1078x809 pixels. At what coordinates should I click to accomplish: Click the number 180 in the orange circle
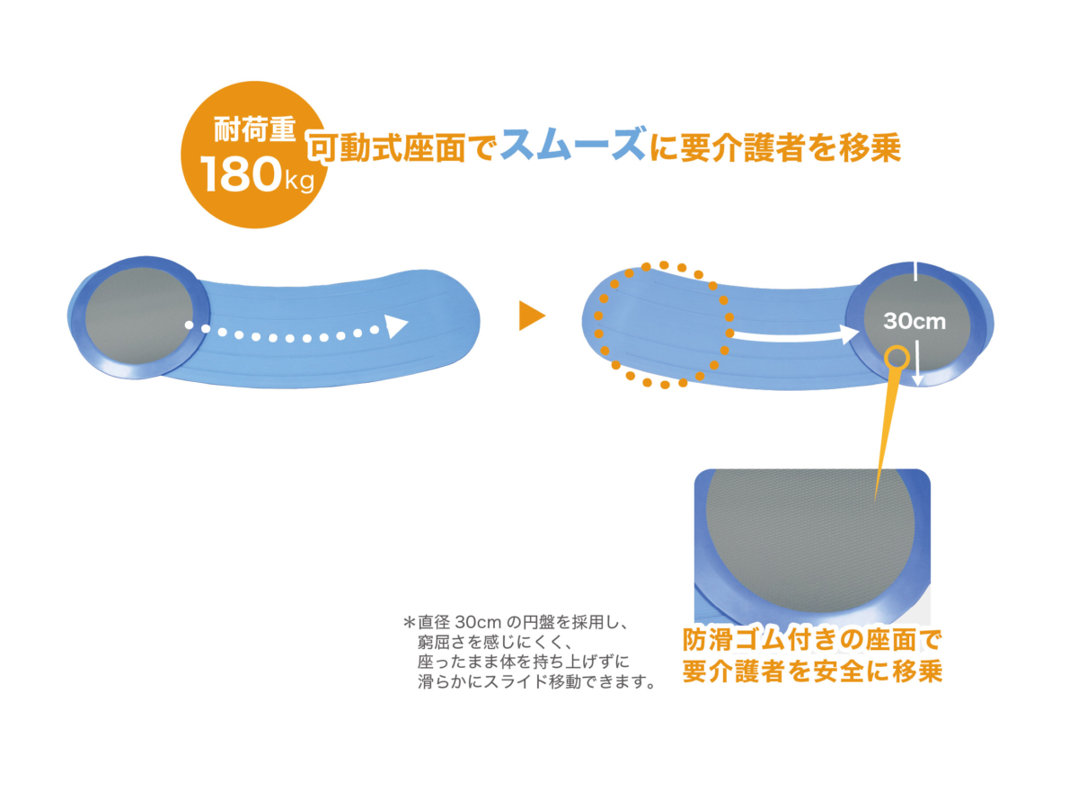click(241, 176)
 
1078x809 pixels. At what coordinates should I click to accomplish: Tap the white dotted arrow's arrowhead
click(396, 325)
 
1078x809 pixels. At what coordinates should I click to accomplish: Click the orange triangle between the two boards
click(532, 316)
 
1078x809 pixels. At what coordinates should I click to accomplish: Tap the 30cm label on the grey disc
click(915, 320)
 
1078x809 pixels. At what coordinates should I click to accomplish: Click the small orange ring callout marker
click(895, 357)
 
